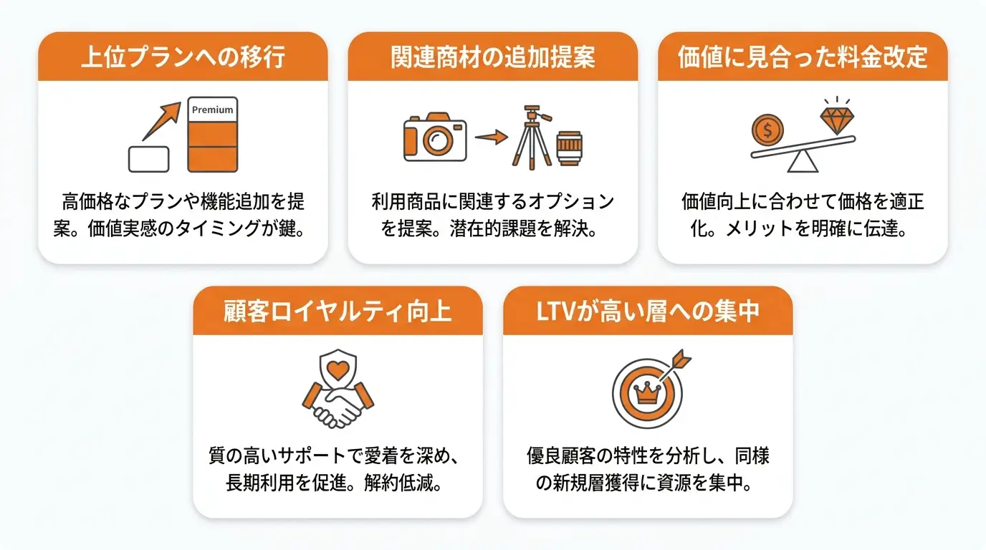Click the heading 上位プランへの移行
[183, 57]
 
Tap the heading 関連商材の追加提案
[493, 57]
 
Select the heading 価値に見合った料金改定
[803, 57]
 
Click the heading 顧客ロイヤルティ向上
[338, 312]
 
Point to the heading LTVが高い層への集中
[648, 312]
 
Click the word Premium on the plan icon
[212, 110]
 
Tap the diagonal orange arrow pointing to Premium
[161, 121]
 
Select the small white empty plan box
[149, 159]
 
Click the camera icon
[435, 137]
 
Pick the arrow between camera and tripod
[492, 137]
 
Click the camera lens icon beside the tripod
[569, 148]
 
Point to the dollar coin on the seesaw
[767, 130]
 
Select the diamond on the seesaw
[837, 120]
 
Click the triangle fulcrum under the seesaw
[803, 161]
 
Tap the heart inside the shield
[338, 370]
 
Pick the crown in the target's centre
[646, 392]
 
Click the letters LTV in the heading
[556, 312]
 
